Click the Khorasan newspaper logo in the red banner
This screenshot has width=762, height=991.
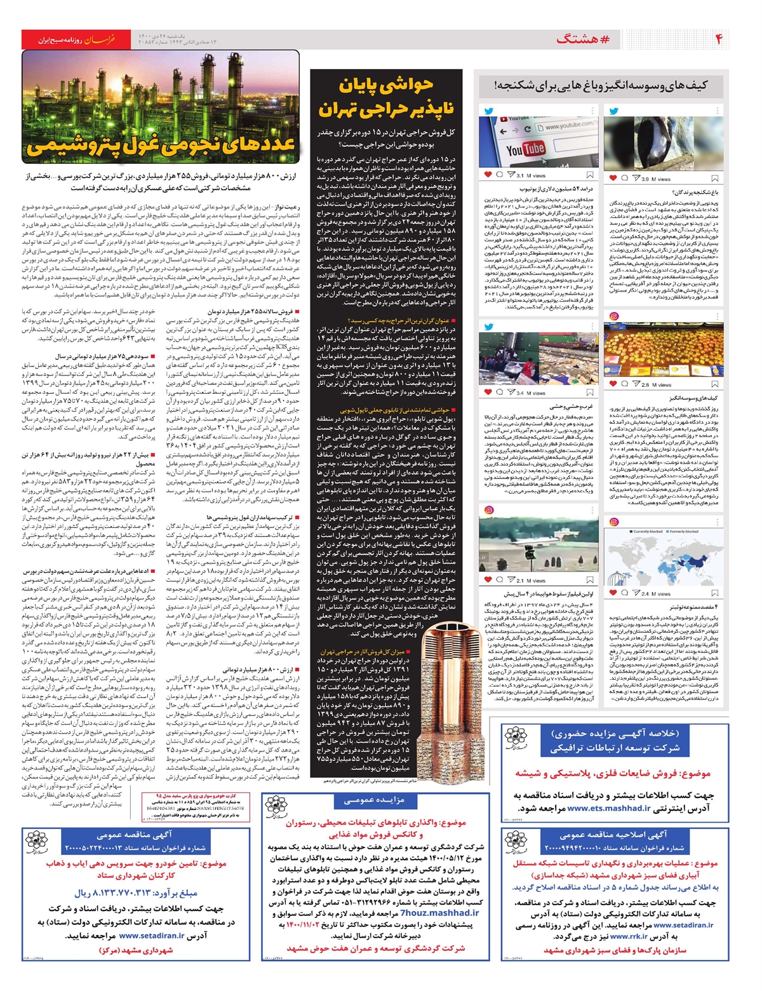(x=101, y=39)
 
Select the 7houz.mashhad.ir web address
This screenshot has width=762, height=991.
(x=439, y=912)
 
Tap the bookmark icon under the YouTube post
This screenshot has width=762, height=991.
(x=590, y=175)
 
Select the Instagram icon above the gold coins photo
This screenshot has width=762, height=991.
(x=613, y=316)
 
